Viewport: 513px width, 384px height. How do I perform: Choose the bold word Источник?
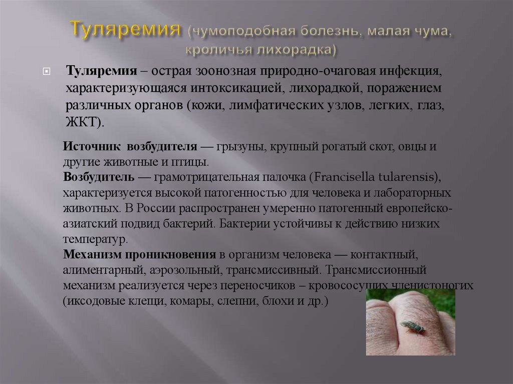(x=92, y=147)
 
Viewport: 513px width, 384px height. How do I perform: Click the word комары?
(x=188, y=301)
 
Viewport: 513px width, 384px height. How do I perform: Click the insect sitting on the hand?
(x=412, y=327)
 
